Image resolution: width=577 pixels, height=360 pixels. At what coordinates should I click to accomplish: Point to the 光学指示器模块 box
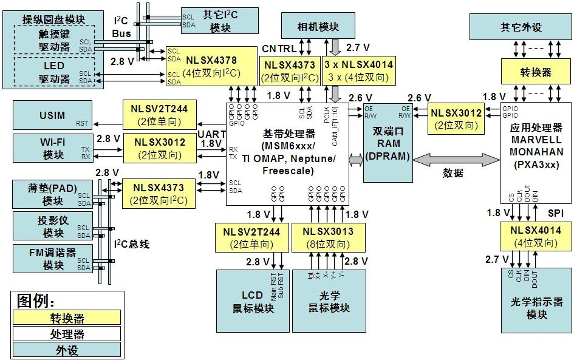[x=536, y=307]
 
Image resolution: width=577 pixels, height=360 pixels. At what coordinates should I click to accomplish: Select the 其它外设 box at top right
[x=521, y=27]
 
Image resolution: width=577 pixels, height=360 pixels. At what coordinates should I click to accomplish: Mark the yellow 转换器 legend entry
[x=67, y=318]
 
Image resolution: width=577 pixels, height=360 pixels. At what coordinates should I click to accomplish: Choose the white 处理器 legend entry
[x=67, y=334]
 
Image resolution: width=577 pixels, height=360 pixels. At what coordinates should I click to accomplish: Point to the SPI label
[x=556, y=214]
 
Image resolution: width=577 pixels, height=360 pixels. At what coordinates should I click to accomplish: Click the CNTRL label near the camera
[x=279, y=48]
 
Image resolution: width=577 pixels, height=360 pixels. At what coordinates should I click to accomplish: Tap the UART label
[x=212, y=134]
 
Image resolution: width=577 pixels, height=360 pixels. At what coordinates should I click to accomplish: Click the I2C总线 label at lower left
[x=132, y=244]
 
